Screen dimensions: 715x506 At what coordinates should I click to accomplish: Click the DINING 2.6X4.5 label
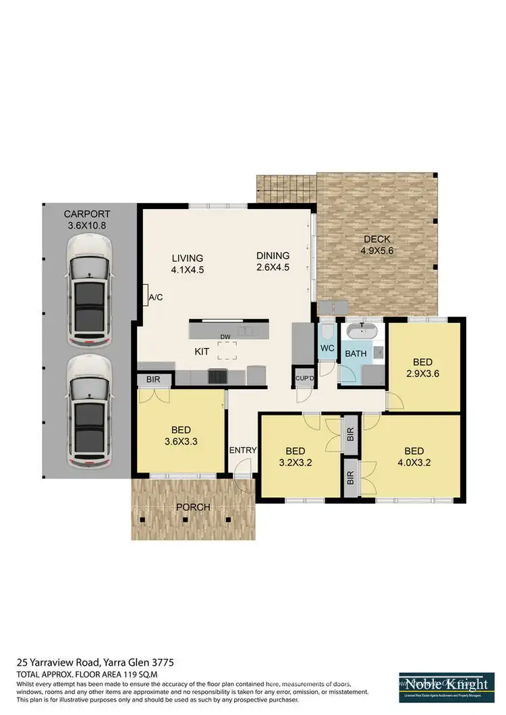[x=273, y=261]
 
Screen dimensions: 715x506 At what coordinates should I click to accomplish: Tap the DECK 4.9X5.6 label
[x=376, y=245]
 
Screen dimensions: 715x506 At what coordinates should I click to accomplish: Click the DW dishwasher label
[x=224, y=337]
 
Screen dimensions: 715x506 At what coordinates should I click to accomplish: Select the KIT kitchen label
[x=201, y=352]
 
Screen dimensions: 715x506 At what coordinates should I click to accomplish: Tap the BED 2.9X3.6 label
[x=422, y=367]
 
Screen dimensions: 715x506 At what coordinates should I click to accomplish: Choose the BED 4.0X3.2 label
[x=414, y=457]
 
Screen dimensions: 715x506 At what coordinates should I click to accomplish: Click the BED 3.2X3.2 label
[x=295, y=457]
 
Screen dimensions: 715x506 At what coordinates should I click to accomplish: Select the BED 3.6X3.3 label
[x=180, y=435]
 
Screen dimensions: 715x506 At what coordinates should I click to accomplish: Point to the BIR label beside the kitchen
[x=153, y=380]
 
